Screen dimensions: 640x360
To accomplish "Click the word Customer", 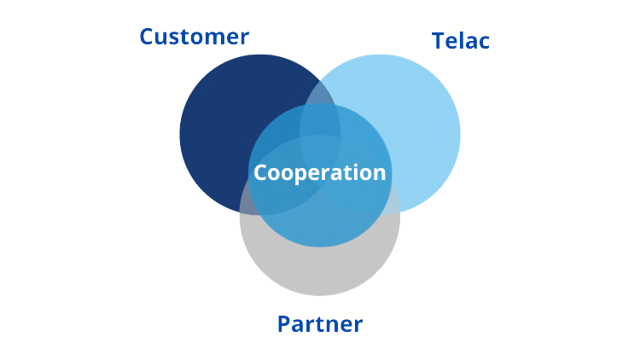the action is [x=194, y=38].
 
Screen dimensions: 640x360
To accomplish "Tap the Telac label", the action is [x=461, y=42].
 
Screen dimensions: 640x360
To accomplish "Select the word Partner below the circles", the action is [x=320, y=326].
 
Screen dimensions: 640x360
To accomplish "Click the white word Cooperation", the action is [x=320, y=172].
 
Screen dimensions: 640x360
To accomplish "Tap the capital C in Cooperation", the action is [x=261, y=172].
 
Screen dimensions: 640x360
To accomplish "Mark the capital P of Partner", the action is [x=285, y=326].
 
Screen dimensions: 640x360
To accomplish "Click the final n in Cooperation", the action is [x=379, y=173].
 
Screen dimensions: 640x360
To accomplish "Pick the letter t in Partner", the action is [x=320, y=326].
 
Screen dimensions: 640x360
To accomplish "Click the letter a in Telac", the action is [x=473, y=44].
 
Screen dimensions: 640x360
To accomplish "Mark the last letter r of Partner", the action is [x=358, y=328].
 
